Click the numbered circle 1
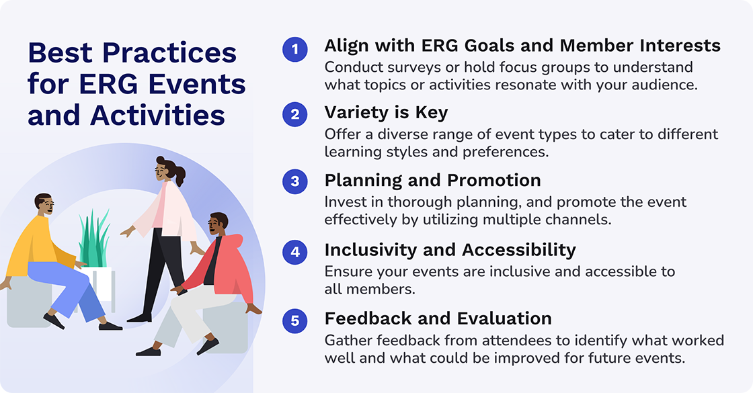point(294,49)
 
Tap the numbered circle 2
point(294,114)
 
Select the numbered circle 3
point(294,183)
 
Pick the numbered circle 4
point(294,252)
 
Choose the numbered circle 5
point(294,321)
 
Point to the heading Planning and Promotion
point(432,181)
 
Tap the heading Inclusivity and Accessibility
point(450,250)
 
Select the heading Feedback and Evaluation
point(438,318)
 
